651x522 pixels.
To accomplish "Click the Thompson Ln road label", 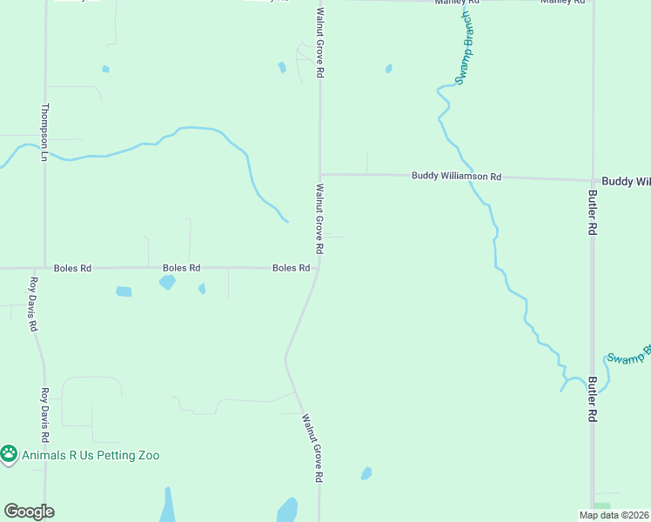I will [44, 133].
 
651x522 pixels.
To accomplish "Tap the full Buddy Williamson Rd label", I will [456, 177].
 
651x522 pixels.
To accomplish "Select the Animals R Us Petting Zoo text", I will [91, 455].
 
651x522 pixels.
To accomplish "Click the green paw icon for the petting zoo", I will [9, 453].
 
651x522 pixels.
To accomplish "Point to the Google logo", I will [29, 512].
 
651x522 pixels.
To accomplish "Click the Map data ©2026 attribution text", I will [614, 515].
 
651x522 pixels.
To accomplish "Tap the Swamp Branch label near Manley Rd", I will [466, 48].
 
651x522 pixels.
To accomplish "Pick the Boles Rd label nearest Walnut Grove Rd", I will [291, 268].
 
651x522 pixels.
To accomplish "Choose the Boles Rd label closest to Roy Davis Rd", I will [72, 268].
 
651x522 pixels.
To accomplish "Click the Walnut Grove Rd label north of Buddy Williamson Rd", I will [320, 43].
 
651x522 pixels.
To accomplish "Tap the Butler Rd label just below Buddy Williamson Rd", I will [592, 212].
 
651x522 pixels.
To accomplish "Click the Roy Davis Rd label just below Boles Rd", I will [34, 304].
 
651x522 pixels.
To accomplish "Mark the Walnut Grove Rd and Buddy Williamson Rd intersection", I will [320, 174].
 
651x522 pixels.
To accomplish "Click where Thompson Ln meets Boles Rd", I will [44, 268].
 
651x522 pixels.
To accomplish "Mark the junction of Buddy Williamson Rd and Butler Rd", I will [593, 180].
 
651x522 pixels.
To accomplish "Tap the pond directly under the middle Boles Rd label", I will [167, 282].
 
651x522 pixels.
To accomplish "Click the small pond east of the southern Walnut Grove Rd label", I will [366, 473].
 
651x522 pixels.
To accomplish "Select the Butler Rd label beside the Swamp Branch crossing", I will [593, 399].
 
